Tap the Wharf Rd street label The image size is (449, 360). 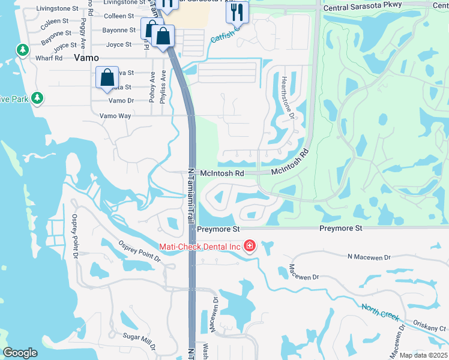(49, 58)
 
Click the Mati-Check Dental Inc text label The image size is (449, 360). (199, 246)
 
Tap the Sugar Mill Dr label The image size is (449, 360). (139, 341)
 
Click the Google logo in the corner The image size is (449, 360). (20, 353)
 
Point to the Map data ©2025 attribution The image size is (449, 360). (423, 355)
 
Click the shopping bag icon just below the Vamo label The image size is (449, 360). (107, 77)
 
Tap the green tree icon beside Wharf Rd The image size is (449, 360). (23, 49)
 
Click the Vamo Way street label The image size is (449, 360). (115, 115)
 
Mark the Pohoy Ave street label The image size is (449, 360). (152, 85)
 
